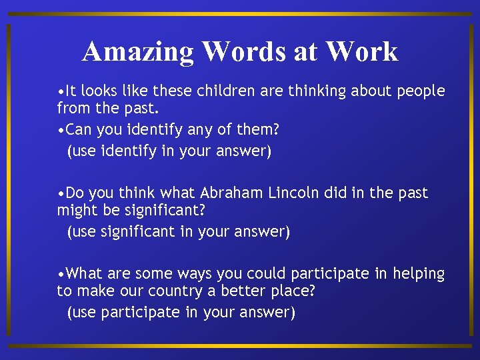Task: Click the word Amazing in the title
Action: (x=139, y=52)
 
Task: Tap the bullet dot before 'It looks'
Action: (x=61, y=91)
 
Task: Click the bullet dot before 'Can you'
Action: (x=61, y=129)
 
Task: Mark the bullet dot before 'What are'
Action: (x=61, y=274)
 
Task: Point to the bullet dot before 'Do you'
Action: (x=61, y=194)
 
